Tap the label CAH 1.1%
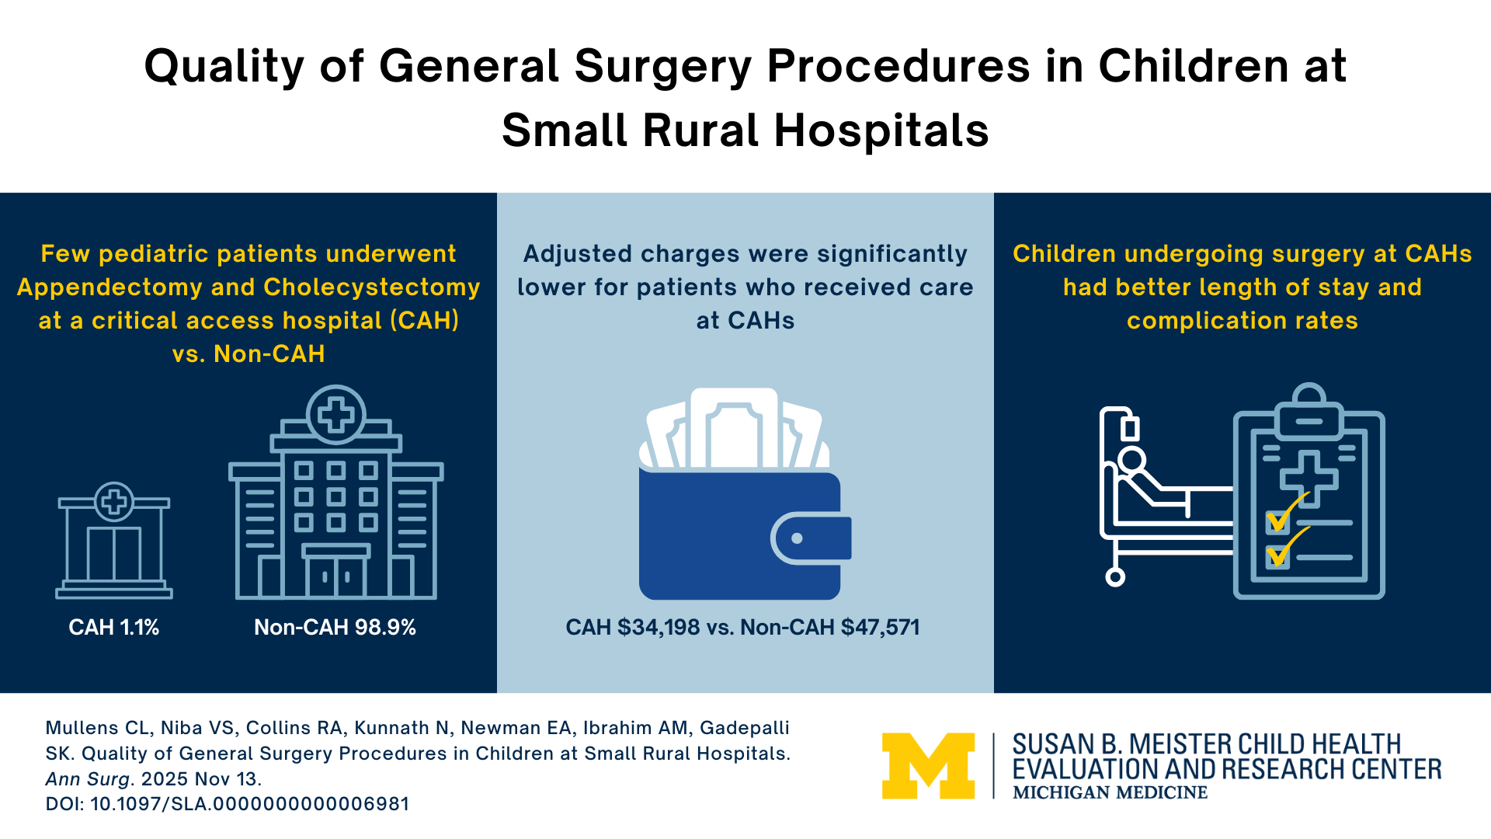[x=113, y=628]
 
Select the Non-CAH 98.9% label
[x=335, y=628]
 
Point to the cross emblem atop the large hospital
[x=336, y=414]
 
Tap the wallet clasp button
[x=797, y=538]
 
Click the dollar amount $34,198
[x=659, y=628]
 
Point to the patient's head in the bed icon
[x=1131, y=460]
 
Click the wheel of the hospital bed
[x=1115, y=577]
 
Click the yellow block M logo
[x=928, y=766]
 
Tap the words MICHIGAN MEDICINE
[x=1110, y=793]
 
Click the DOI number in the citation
[x=249, y=804]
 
